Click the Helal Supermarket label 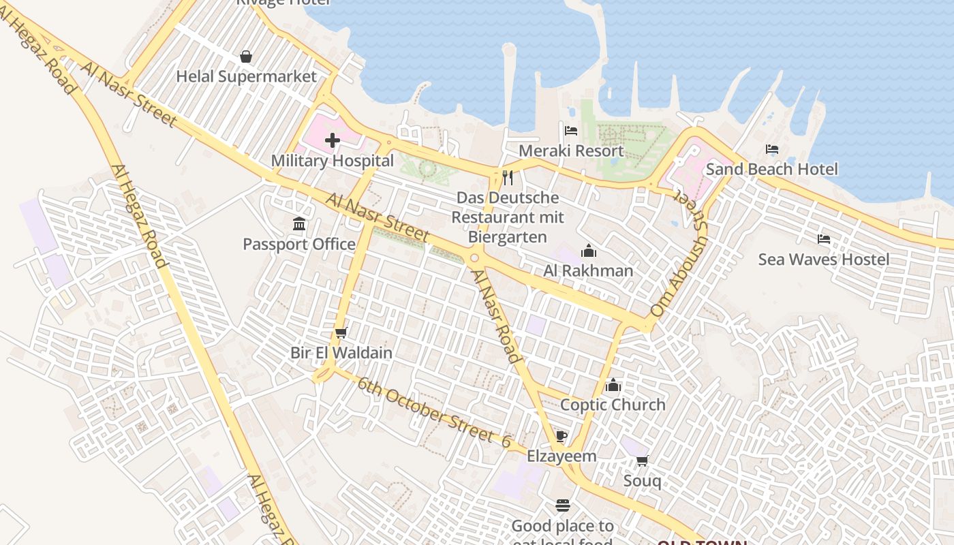tap(247, 76)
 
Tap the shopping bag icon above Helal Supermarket tap(246, 57)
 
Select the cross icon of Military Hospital tap(333, 141)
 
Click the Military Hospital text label tap(333, 161)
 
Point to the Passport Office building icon tap(298, 224)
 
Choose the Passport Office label tap(299, 244)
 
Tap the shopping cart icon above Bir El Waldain tap(341, 332)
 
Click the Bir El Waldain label tap(341, 353)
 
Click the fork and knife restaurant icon tap(507, 178)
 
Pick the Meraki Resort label tap(571, 151)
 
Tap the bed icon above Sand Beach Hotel tap(772, 149)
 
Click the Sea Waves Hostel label tap(824, 260)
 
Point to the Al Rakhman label tap(588, 270)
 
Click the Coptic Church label tap(613, 405)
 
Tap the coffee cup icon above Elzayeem tap(561, 437)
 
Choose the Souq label tap(642, 481)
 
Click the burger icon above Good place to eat tap(563, 505)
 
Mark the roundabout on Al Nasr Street tap(475, 258)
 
